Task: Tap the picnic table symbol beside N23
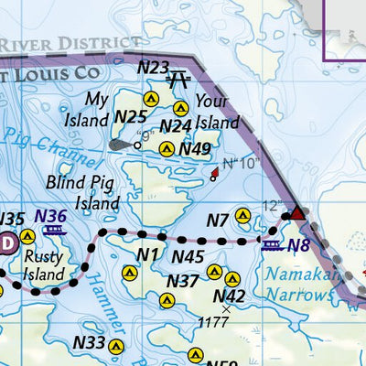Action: click(178, 78)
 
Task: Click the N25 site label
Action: click(130, 116)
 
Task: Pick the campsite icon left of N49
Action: click(166, 149)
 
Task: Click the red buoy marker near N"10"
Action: click(214, 172)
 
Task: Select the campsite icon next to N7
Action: click(242, 216)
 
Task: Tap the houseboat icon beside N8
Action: click(272, 244)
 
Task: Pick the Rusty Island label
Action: click(43, 265)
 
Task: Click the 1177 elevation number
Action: click(213, 322)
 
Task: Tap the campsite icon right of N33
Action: click(115, 346)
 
